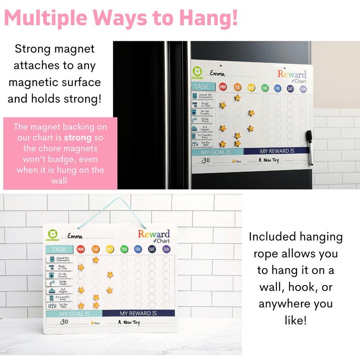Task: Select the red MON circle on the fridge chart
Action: [x=223, y=87]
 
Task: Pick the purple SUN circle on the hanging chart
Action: [x=166, y=249]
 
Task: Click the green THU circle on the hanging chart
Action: [x=124, y=249]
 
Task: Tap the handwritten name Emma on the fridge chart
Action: [x=216, y=73]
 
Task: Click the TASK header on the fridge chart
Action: [x=202, y=86]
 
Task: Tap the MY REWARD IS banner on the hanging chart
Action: [x=138, y=313]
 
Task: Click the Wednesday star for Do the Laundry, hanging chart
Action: [x=110, y=275]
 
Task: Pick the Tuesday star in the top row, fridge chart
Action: [x=237, y=97]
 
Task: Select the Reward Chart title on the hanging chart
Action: [x=154, y=236]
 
